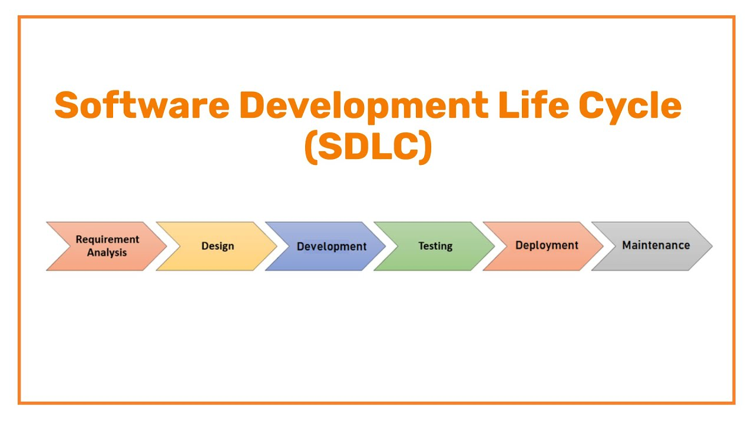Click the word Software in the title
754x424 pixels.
pos(141,106)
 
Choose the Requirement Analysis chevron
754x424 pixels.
pos(106,246)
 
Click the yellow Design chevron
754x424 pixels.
pos(217,246)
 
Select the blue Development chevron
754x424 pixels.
pos(327,246)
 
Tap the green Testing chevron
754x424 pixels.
pos(435,246)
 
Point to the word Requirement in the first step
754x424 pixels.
pos(107,240)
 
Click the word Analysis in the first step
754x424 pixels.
pos(107,253)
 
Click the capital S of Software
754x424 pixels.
pos(67,106)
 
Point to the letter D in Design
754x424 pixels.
pos(204,246)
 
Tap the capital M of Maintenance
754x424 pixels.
pos(627,245)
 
